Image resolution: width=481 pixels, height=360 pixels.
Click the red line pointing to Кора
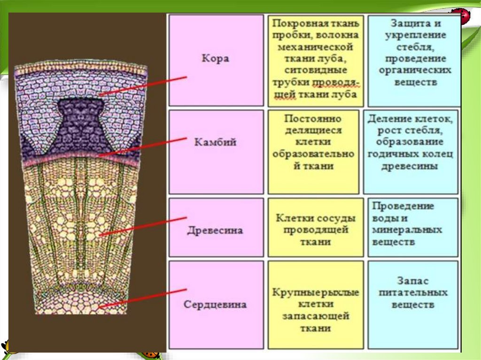point(143,86)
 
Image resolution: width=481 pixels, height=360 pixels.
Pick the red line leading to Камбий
point(143,146)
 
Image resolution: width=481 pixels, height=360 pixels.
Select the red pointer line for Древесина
point(143,226)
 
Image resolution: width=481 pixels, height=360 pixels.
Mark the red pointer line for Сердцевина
point(143,299)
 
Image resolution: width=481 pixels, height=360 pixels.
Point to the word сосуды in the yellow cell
point(335,218)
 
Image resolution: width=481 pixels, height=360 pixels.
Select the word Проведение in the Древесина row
point(403,207)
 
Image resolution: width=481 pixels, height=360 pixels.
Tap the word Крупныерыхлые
point(316,292)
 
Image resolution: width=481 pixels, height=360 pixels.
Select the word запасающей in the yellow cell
point(316,317)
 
